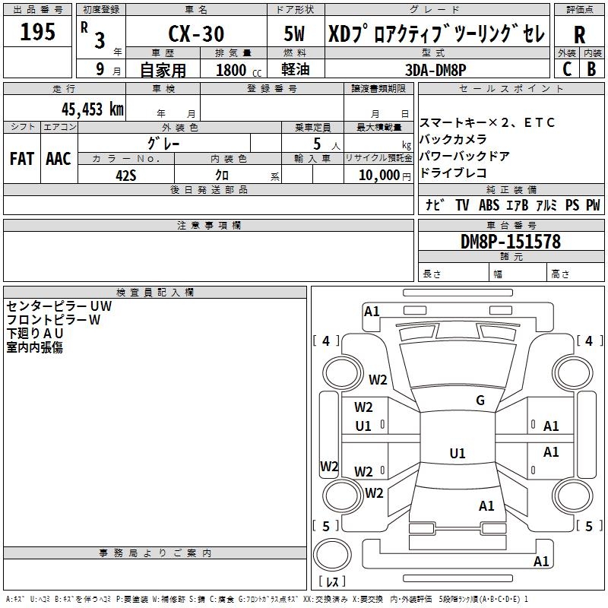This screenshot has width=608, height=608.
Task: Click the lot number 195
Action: click(x=37, y=32)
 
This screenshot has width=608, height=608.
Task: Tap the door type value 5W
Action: click(x=296, y=34)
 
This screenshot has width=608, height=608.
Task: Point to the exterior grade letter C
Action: click(x=566, y=69)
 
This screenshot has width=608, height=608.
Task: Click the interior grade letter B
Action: click(x=591, y=69)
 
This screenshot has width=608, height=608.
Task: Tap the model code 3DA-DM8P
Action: click(x=437, y=70)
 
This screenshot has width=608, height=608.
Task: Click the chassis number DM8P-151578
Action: click(x=511, y=242)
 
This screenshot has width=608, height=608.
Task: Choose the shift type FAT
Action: click(x=21, y=158)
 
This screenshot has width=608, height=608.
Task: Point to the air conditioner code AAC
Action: click(x=58, y=158)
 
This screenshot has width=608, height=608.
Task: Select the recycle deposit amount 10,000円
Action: click(x=380, y=175)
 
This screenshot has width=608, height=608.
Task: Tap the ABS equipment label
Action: click(x=489, y=205)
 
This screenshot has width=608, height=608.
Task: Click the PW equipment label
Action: click(x=593, y=205)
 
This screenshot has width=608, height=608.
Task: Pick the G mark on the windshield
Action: click(x=480, y=401)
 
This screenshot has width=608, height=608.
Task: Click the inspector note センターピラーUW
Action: click(x=59, y=306)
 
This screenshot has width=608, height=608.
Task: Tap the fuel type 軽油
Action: click(x=296, y=70)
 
